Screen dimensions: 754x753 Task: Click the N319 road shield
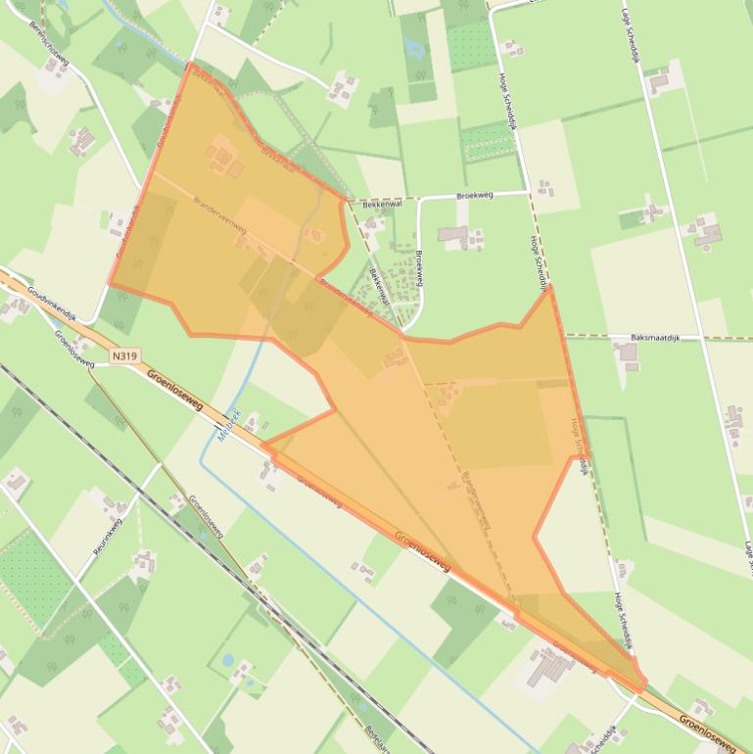(x=123, y=358)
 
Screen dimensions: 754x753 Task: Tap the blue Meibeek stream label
(x=224, y=427)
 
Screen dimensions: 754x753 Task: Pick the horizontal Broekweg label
(x=476, y=196)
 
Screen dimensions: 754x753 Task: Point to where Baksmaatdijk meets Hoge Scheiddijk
(x=565, y=336)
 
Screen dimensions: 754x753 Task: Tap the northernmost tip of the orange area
(x=188, y=65)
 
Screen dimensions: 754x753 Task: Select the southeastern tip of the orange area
(x=642, y=688)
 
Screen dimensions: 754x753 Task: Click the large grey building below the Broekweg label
(x=453, y=234)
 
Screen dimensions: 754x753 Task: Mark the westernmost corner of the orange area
(x=110, y=285)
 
